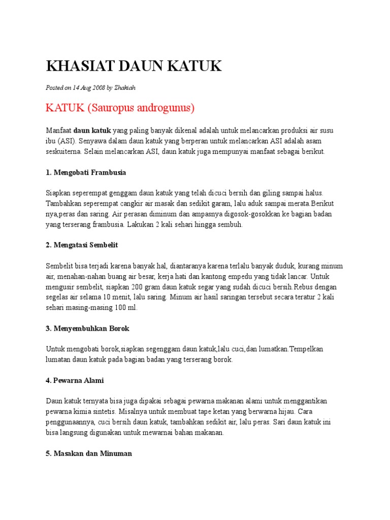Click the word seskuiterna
coord(63,151)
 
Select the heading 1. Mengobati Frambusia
coord(86,172)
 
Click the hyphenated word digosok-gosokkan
coord(230,214)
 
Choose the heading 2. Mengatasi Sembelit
coord(82,245)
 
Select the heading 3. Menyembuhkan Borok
coord(87,329)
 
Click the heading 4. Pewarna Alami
coord(75,380)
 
